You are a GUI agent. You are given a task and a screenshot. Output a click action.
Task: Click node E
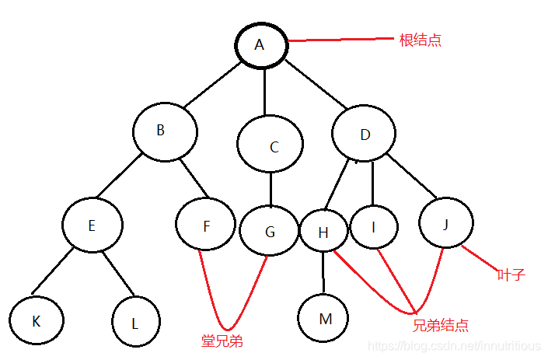coord(92,225)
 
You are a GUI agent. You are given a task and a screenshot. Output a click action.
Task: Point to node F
coord(205,225)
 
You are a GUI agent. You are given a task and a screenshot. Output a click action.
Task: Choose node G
coord(269,232)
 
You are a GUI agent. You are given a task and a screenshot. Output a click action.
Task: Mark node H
coord(323,231)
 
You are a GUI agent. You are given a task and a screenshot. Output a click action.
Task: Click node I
coord(374,226)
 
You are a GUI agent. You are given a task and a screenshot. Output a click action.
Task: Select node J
coord(445,223)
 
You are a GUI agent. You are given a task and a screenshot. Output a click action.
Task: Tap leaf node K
coord(37,319)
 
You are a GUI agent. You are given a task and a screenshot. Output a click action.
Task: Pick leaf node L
coord(135,321)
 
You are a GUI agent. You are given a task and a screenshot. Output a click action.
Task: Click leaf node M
coord(323,318)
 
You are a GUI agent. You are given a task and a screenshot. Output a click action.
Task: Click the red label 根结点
coord(420,40)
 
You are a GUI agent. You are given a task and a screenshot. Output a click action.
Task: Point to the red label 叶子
coord(511,275)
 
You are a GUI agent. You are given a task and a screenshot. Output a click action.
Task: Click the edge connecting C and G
coord(270,190)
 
